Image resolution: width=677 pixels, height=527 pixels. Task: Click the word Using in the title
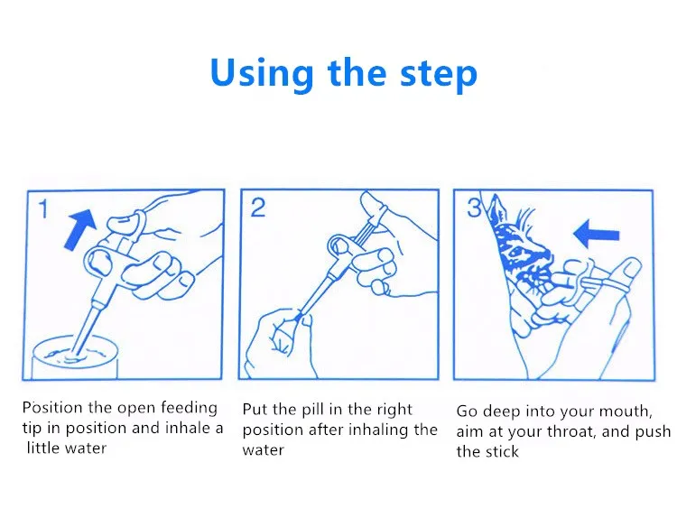pos(262,73)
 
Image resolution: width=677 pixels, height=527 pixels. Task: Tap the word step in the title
pos(439,74)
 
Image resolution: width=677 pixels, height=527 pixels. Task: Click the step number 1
pos(43,208)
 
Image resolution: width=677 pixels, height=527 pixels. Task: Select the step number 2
pos(258,208)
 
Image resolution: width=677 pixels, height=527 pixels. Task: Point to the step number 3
pos(474,208)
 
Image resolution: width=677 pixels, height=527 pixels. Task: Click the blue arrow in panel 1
pos(80,228)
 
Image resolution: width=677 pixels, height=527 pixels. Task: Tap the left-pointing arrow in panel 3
pos(597,235)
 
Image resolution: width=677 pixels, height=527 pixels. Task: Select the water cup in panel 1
pos(75,357)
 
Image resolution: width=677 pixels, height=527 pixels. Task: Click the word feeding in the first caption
pos(189,408)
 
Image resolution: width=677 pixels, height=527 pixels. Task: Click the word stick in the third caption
pos(502,451)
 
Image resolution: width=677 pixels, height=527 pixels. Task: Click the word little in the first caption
pos(40,448)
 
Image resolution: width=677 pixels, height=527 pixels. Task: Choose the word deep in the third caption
pos(501,412)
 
